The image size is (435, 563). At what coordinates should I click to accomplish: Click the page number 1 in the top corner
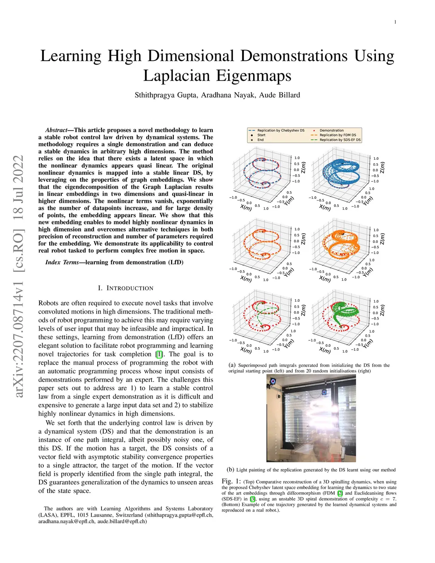(395, 22)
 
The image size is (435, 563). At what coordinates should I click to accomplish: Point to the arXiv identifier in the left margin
(18, 276)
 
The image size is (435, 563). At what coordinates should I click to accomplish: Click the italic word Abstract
(56, 130)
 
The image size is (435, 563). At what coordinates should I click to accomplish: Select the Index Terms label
(62, 262)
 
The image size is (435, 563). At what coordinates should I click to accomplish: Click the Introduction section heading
(126, 288)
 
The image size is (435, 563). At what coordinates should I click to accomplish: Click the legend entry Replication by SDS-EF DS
(340, 140)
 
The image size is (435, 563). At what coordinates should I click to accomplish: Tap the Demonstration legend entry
(331, 130)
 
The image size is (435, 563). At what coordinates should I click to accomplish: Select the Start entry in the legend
(261, 135)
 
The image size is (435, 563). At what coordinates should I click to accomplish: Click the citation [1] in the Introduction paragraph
(159, 354)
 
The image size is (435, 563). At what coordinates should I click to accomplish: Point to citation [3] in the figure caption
(253, 499)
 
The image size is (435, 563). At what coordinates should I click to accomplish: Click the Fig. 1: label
(231, 481)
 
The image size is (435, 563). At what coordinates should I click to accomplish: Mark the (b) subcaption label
(231, 470)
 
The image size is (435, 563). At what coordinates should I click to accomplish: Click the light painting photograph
(311, 418)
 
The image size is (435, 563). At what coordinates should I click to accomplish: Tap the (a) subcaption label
(232, 365)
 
